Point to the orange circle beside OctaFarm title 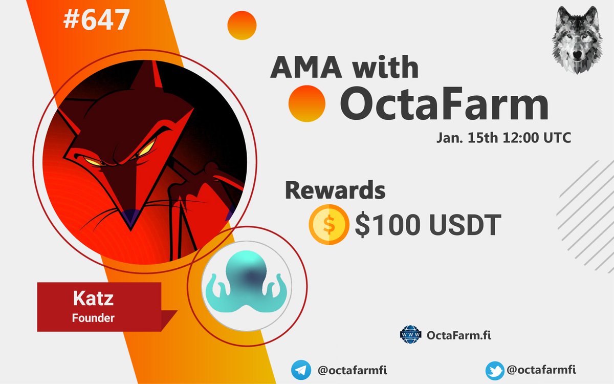(307, 103)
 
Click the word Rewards (335, 190)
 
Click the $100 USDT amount (428, 226)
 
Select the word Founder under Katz (93, 317)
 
